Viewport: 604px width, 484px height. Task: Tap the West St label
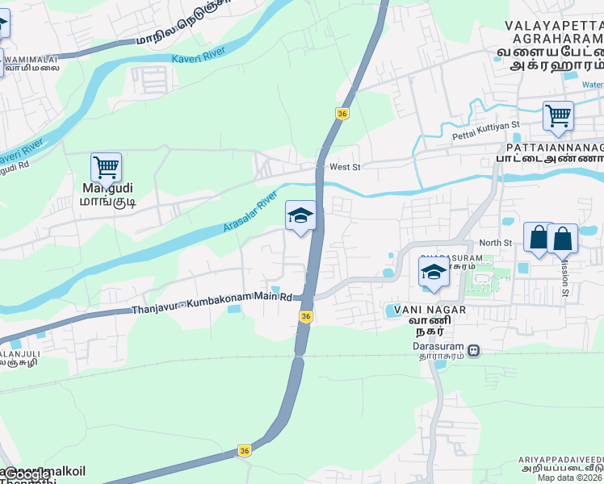click(x=345, y=167)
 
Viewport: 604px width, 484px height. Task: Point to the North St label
click(x=496, y=243)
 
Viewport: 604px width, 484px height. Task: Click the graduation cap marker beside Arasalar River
click(x=300, y=215)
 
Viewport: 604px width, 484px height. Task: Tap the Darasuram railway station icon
click(x=474, y=351)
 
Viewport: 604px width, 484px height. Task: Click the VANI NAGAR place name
click(x=415, y=310)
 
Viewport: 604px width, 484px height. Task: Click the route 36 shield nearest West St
click(x=342, y=114)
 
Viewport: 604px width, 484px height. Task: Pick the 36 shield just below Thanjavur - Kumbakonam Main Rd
click(x=305, y=317)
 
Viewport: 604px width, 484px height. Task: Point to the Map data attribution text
click(x=570, y=478)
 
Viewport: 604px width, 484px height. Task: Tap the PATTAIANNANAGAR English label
click(x=555, y=148)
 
